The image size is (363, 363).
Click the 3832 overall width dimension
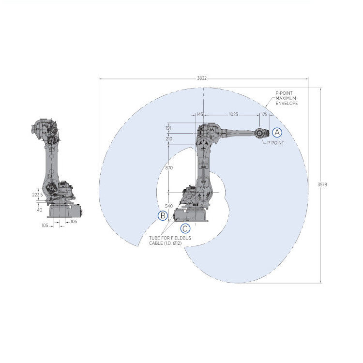coord(203,77)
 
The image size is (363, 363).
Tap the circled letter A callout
coord(276,132)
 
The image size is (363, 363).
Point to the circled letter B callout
coord(163,215)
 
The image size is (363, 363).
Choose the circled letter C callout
coord(185,228)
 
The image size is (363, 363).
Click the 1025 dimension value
coord(233,114)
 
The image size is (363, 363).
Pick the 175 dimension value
coord(264,114)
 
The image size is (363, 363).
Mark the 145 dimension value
coord(199,114)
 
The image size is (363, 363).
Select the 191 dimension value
coord(168,128)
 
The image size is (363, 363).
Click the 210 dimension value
coord(168,139)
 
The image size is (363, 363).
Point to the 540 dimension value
coord(168,206)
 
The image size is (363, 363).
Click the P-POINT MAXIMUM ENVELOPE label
coord(287,99)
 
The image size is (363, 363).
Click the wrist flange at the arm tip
coord(259,133)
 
